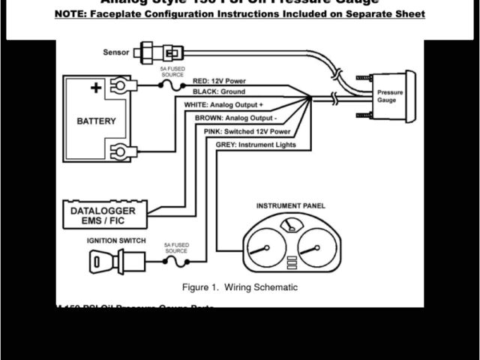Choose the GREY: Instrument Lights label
(x=256, y=144)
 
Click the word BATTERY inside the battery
(x=97, y=121)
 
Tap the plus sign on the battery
(x=96, y=88)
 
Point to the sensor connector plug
(x=167, y=52)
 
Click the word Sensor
(x=116, y=52)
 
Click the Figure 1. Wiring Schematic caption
(x=240, y=287)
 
